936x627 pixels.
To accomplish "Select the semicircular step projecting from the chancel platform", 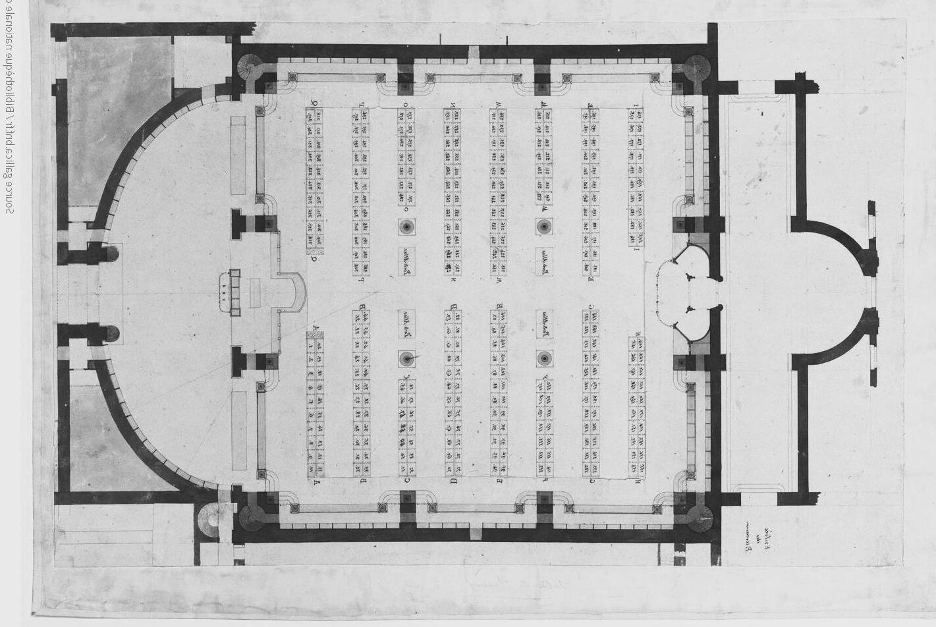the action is tap(296, 293).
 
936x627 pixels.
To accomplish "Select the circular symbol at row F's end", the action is tap(543, 358).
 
